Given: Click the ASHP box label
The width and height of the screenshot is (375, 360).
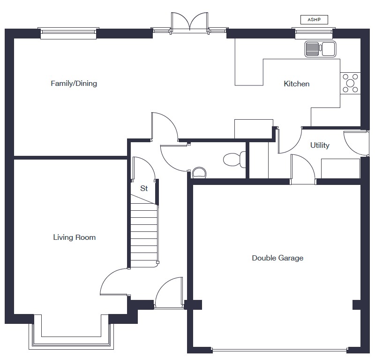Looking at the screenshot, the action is tap(314, 20).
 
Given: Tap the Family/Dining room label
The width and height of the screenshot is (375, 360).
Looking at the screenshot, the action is tap(74, 84).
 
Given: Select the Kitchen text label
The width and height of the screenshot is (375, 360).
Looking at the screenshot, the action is tap(297, 84).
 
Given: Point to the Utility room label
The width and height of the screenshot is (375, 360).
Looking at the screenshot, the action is tap(320, 145).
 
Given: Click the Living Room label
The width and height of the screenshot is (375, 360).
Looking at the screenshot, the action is tap(75, 237).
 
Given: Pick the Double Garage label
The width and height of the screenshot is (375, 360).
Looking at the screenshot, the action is tap(277, 258).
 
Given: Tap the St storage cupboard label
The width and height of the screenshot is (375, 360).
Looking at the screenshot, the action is tap(144, 188).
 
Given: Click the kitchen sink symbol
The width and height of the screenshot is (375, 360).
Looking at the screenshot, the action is tap(320, 49).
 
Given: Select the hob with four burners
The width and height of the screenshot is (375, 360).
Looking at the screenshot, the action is tap(350, 83).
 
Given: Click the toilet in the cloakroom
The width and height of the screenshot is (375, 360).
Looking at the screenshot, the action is tap(235, 160).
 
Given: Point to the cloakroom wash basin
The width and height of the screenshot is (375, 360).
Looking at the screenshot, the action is tap(199, 173).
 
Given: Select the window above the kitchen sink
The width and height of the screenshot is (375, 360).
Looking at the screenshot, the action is tap(314, 33).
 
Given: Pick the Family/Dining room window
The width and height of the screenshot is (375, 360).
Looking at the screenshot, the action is tap(68, 33).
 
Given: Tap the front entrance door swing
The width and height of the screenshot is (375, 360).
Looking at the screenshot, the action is tap(169, 293).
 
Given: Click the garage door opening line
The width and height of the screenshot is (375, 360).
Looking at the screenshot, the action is tap(279, 351).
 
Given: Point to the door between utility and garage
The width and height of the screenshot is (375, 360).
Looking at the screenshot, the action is tap(303, 169).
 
